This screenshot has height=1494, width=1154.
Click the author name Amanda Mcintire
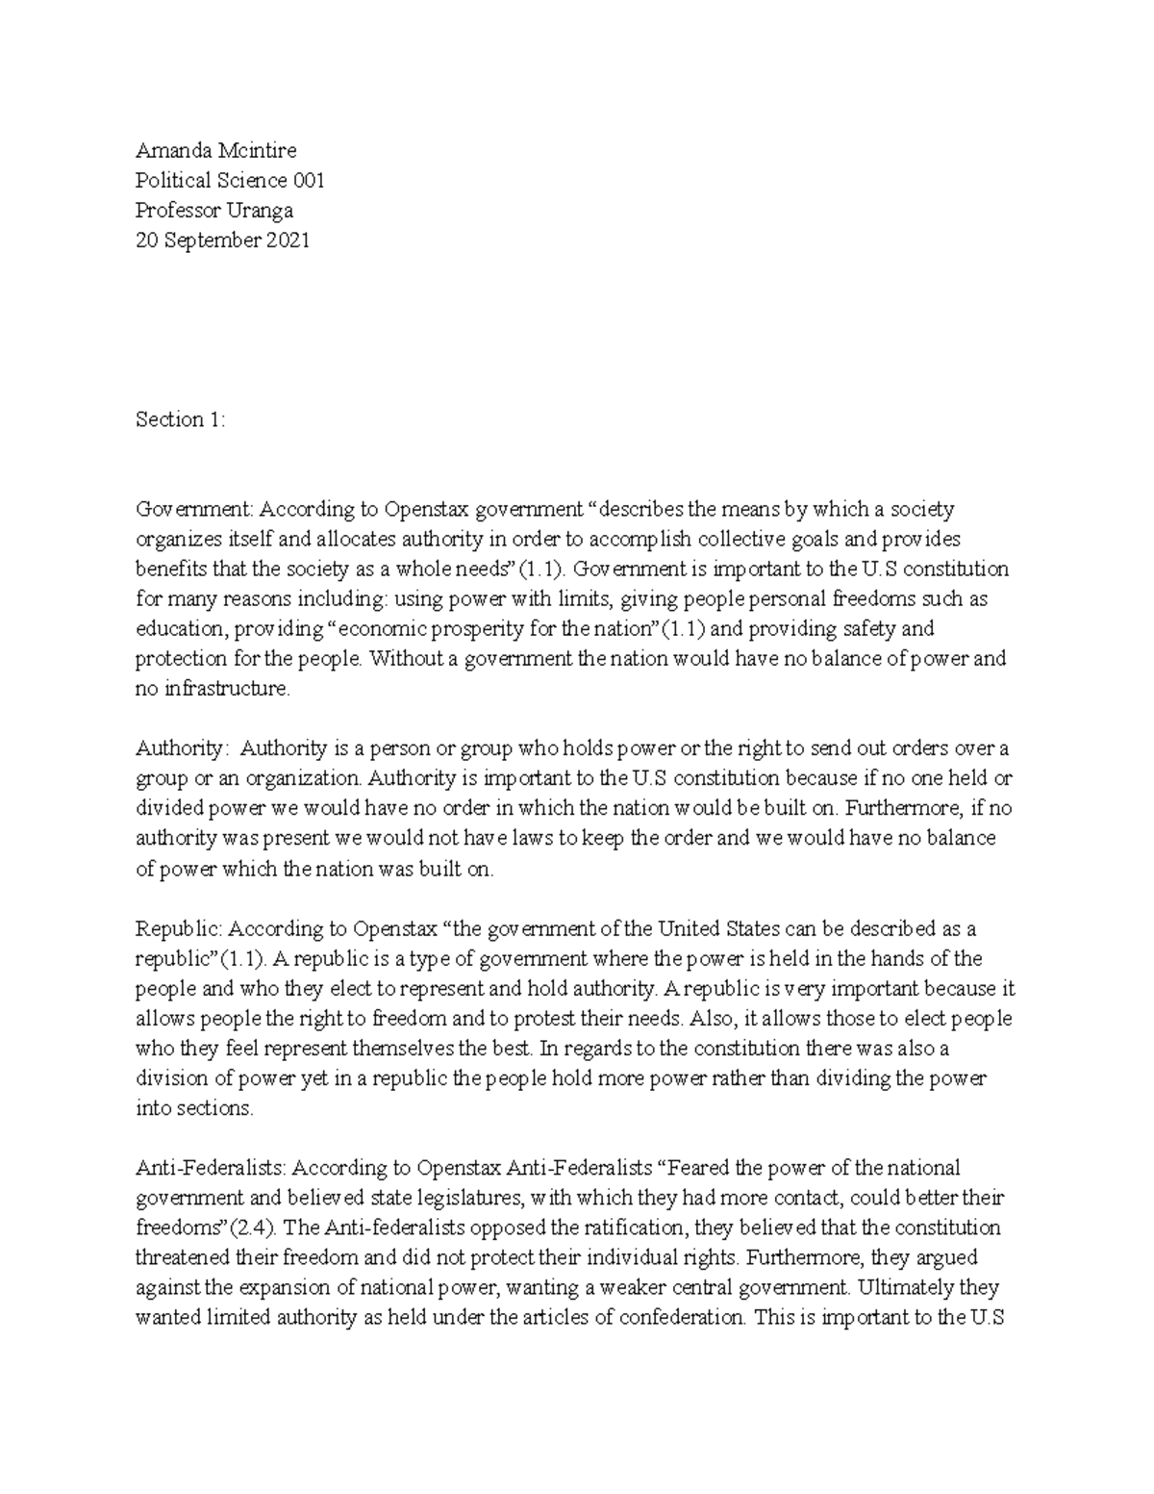pyautogui.click(x=215, y=150)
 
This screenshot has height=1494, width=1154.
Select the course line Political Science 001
pyautogui.click(x=230, y=180)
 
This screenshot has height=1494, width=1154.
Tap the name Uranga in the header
pyautogui.click(x=260, y=210)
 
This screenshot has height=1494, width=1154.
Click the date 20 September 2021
pyautogui.click(x=222, y=241)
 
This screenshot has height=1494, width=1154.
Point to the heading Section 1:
pyautogui.click(x=180, y=419)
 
